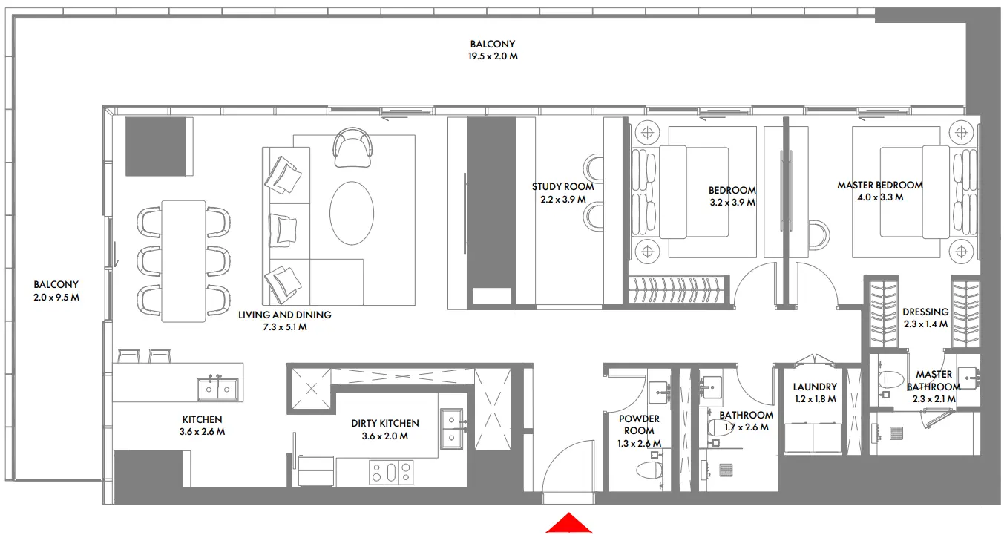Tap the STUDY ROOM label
point(562,187)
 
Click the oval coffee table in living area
point(352,214)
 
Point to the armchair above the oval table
point(352,147)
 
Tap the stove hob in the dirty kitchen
point(391,472)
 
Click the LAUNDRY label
point(814,387)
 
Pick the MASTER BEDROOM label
point(879,186)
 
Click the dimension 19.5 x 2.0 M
point(492,56)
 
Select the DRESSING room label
point(925,312)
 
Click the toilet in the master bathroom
point(888,380)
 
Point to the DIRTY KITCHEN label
point(384,424)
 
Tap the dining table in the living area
point(183,260)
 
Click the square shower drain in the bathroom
point(726,470)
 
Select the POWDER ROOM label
point(638,424)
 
